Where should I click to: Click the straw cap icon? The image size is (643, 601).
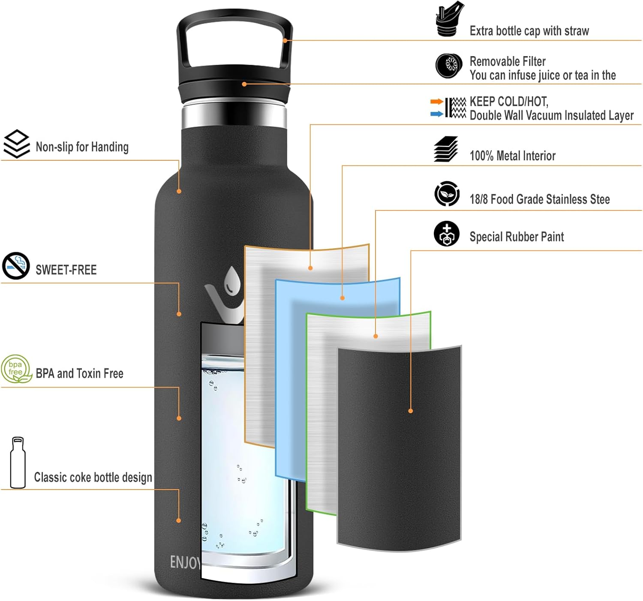tap(449, 20)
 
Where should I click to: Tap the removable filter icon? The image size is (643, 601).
tap(448, 66)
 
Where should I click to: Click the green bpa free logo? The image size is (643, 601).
tap(16, 369)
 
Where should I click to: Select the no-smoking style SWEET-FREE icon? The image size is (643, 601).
tap(16, 266)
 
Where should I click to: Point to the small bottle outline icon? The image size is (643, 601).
tap(18, 463)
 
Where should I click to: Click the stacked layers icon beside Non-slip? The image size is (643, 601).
tap(16, 144)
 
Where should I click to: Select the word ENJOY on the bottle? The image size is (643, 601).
tap(185, 562)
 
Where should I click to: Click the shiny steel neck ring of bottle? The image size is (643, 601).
tap(234, 115)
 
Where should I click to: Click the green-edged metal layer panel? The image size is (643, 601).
tap(321, 412)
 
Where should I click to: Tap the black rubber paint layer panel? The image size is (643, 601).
tap(399, 446)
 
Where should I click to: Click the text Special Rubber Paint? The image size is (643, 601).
tap(517, 237)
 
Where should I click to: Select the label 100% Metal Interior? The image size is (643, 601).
tap(512, 156)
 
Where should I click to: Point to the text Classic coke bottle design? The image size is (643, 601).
tap(93, 478)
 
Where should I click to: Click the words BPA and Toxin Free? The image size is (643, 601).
tap(79, 374)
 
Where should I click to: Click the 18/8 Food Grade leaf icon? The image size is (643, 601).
tap(447, 194)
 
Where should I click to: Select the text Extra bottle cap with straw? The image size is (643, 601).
tap(529, 31)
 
